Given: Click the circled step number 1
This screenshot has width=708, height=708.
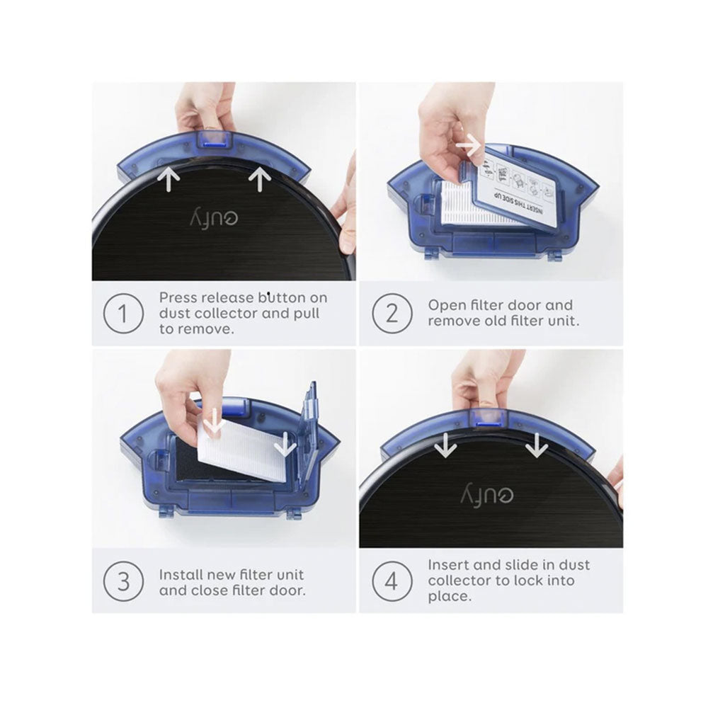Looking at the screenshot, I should [124, 312].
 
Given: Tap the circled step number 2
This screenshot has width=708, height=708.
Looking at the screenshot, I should [392, 312].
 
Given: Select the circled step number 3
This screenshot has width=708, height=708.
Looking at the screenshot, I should [124, 580].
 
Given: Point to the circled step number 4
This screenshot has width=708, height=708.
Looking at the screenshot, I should [392, 580].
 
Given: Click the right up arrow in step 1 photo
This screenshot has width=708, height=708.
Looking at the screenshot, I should [260, 179].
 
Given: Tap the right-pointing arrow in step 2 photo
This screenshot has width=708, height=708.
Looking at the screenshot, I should [469, 146].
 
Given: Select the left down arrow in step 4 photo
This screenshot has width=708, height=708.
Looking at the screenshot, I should [445, 445].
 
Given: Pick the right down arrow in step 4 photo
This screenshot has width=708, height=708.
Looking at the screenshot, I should [537, 445].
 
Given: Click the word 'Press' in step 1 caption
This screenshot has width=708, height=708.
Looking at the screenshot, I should [178, 297].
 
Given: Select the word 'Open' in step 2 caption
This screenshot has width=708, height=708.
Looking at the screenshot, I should [445, 305].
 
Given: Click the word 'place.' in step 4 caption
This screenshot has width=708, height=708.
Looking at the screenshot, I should [448, 596].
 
